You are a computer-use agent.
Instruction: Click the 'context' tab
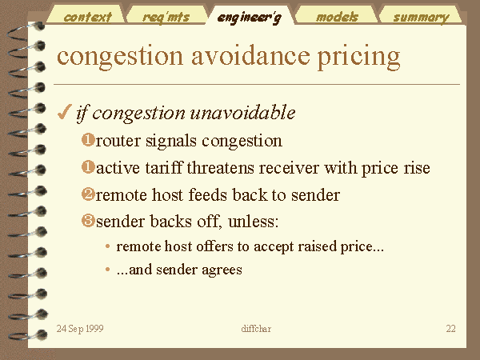click(x=87, y=17)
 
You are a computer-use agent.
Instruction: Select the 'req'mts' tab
click(x=166, y=17)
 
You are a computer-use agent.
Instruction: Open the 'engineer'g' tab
click(x=249, y=18)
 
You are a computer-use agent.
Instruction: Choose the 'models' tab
click(x=337, y=17)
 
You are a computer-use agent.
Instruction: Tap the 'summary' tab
click(x=422, y=18)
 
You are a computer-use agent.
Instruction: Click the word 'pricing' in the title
click(x=358, y=58)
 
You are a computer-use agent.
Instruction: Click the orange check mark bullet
click(x=64, y=112)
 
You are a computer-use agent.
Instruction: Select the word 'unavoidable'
click(x=242, y=112)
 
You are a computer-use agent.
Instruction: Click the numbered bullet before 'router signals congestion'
click(x=88, y=140)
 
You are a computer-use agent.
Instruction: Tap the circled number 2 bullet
click(x=88, y=194)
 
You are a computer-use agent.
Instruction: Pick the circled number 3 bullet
click(x=88, y=221)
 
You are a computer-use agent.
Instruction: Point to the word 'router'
click(x=118, y=142)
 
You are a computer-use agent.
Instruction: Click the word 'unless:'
click(x=253, y=221)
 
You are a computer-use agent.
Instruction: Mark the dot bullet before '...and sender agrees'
click(x=107, y=270)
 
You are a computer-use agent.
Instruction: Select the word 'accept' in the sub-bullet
click(x=274, y=246)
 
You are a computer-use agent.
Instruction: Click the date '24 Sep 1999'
click(x=80, y=329)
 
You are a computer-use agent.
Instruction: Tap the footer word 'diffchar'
click(x=256, y=329)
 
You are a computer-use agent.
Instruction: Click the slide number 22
click(x=450, y=329)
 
